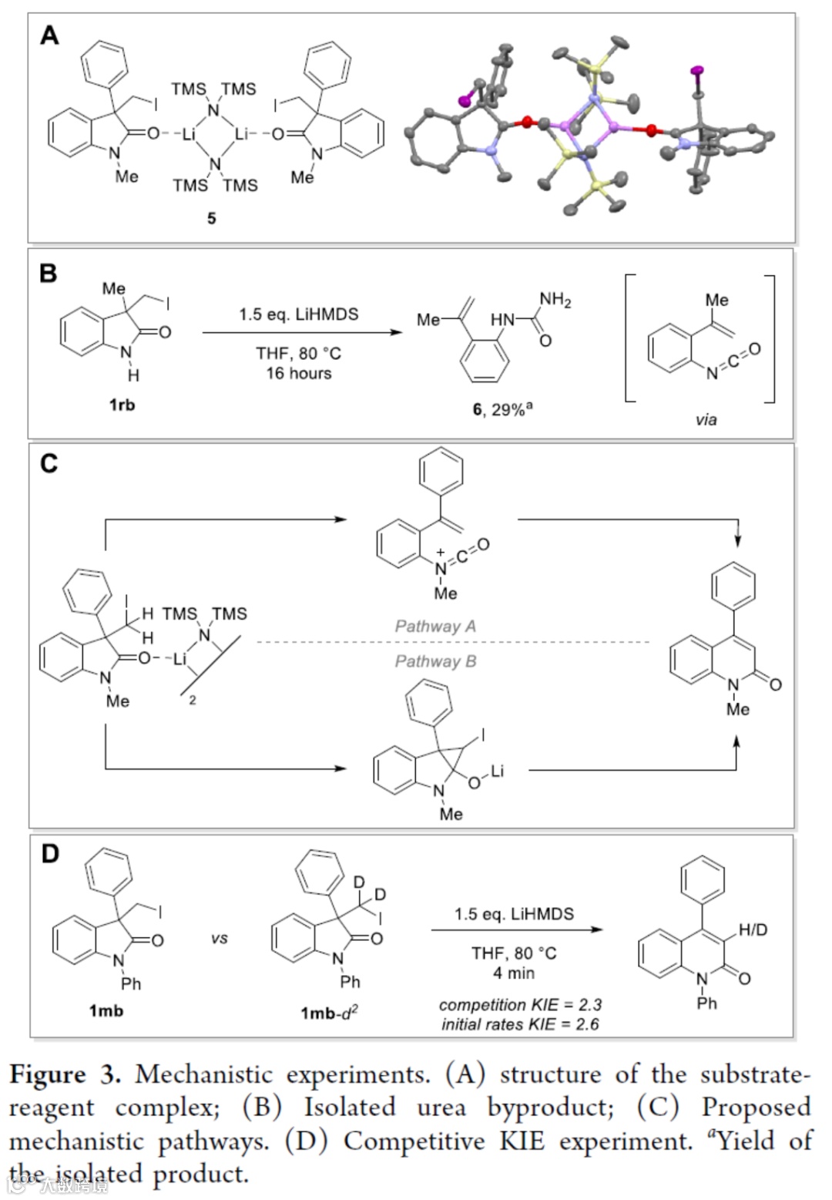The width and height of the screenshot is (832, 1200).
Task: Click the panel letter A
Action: pyautogui.click(x=49, y=35)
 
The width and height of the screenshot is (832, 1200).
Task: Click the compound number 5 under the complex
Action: pyautogui.click(x=212, y=218)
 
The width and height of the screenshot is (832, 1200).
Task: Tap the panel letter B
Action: pyautogui.click(x=48, y=274)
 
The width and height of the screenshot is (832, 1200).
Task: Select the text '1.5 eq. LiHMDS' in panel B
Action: pyautogui.click(x=298, y=314)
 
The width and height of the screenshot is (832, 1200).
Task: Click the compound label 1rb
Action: pyautogui.click(x=122, y=404)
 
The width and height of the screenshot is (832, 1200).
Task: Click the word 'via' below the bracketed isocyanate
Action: pyautogui.click(x=706, y=419)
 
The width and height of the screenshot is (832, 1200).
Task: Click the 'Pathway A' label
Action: pyautogui.click(x=435, y=626)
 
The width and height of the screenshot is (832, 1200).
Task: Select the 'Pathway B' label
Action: pyautogui.click(x=435, y=661)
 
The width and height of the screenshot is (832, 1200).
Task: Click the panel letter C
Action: pyautogui.click(x=49, y=464)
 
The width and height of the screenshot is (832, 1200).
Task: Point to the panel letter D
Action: pyautogui.click(x=49, y=854)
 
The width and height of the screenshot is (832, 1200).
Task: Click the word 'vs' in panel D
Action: pyautogui.click(x=219, y=939)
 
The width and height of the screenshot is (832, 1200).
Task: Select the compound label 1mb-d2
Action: pyautogui.click(x=330, y=1012)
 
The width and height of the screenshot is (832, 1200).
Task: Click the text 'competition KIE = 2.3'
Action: pyautogui.click(x=520, y=1005)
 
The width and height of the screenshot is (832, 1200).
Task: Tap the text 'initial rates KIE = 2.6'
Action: pyautogui.click(x=520, y=1024)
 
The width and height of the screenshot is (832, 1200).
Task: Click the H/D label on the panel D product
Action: pyautogui.click(x=753, y=930)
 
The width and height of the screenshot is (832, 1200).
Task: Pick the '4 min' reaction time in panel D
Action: pyautogui.click(x=514, y=973)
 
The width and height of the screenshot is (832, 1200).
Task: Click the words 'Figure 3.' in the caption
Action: pyautogui.click(x=65, y=1074)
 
